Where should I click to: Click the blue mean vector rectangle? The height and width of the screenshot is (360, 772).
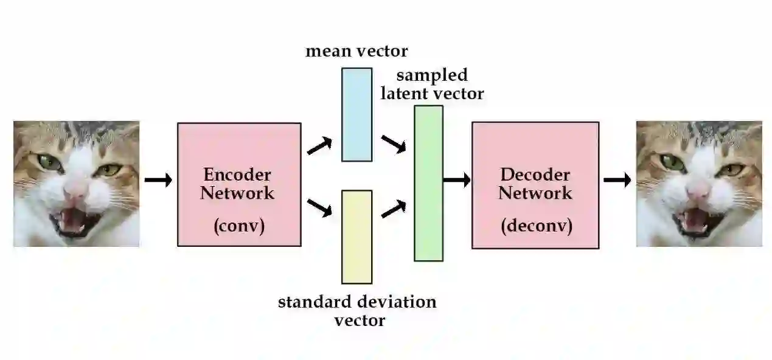point(356,114)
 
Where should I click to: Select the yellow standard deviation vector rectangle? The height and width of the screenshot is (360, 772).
point(356,237)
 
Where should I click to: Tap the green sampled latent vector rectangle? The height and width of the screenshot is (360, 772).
point(428,183)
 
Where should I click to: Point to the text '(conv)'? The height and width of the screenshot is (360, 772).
point(239,226)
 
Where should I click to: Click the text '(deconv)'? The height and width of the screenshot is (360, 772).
point(537,226)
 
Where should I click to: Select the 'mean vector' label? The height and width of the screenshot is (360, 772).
point(356,50)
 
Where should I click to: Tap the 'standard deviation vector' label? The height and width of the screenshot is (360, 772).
point(358,311)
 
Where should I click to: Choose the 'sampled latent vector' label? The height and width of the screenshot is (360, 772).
point(432,84)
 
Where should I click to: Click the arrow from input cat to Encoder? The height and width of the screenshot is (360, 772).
point(158,180)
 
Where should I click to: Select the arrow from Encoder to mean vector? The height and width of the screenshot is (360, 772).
point(320,146)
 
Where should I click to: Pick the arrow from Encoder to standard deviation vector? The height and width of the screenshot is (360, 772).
point(320,208)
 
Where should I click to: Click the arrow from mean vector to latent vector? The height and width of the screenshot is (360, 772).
point(394,145)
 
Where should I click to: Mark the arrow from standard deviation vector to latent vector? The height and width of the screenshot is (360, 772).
point(394,209)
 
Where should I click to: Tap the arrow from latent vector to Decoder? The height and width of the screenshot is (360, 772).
point(457,179)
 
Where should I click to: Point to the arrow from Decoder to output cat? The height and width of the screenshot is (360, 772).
point(617,180)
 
